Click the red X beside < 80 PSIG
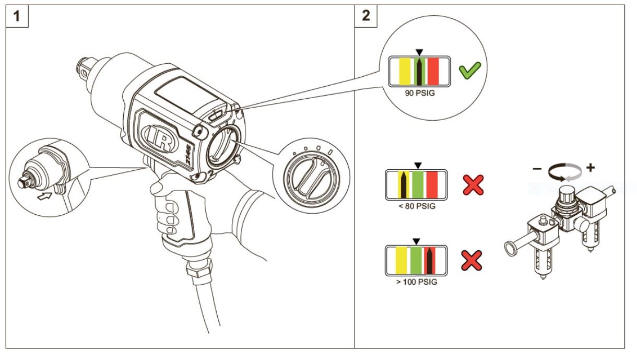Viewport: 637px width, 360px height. [473, 184]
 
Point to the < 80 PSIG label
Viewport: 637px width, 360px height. [416, 206]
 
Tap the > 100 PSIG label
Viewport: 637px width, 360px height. [416, 282]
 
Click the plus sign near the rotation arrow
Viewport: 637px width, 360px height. [591, 169]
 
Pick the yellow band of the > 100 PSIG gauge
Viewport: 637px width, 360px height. [402, 260]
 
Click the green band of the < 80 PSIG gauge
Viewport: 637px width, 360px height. [417, 184]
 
